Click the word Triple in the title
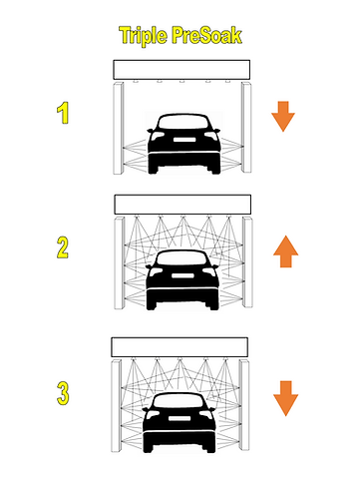143,36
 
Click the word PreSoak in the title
206,35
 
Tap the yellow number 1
63,113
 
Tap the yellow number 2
63,247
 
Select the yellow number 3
63,393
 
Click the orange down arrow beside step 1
283,117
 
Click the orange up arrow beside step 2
285,251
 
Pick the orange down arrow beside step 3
285,398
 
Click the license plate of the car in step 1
183,140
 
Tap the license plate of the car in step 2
182,275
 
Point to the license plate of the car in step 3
180,418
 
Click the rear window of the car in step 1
183,122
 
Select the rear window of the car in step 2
182,258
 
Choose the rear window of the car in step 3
180,401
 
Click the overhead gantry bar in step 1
181,70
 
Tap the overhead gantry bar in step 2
182,205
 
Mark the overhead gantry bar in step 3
180,347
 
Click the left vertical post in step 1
118,128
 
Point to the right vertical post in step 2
247,262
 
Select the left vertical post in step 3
116,405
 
